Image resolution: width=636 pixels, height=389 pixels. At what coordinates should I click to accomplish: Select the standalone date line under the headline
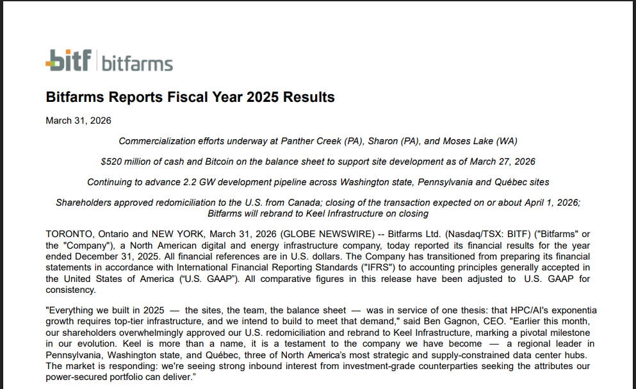point(78,120)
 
